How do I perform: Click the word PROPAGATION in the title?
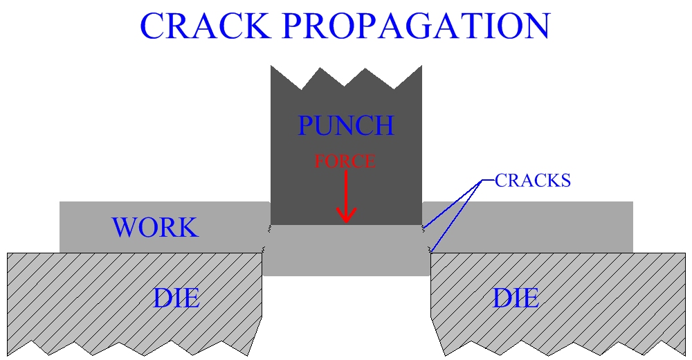415,26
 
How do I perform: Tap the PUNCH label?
345,126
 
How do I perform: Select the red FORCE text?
345,161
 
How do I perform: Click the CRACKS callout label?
532,181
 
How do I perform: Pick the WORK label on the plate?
155,228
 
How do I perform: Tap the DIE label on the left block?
176,298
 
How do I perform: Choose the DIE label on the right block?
516,298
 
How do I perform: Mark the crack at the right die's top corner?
431,249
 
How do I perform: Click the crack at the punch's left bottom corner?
268,227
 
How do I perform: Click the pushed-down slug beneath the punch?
346,253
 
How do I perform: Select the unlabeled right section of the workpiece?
529,227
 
